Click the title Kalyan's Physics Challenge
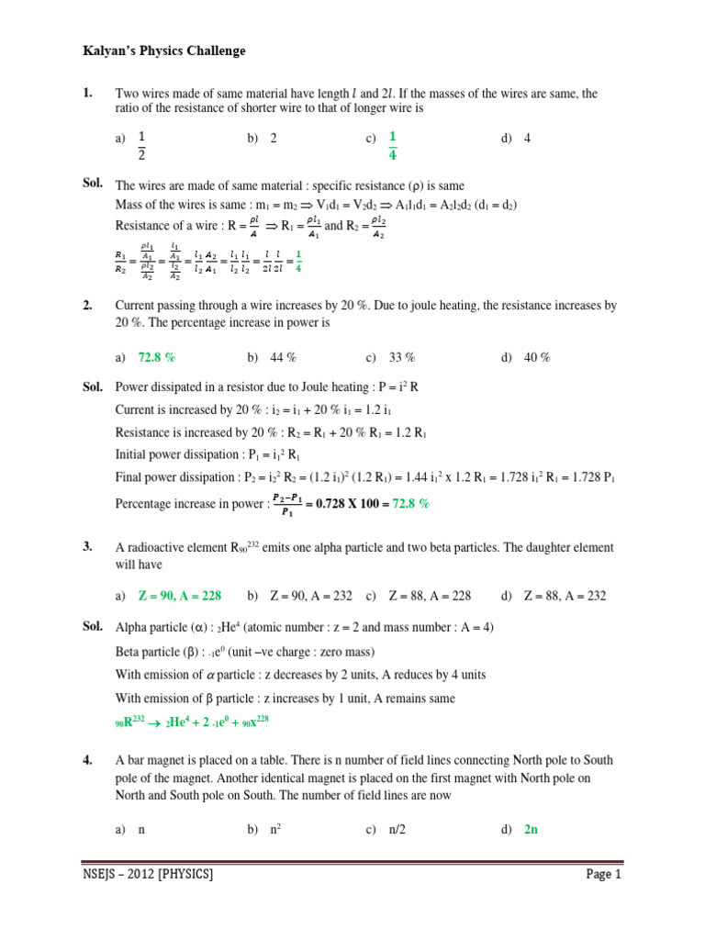[164, 51]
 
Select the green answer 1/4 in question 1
[393, 146]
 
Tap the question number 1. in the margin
[88, 93]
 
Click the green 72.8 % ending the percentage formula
[411, 504]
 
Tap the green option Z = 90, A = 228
[180, 596]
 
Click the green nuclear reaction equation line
[193, 722]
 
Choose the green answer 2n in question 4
[531, 829]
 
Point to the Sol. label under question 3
[92, 626]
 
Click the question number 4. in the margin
[88, 760]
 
